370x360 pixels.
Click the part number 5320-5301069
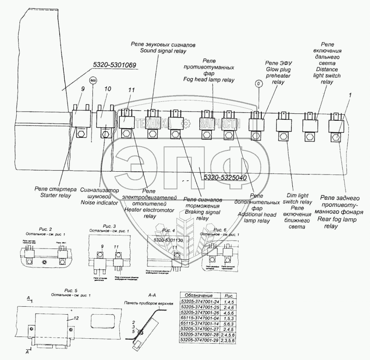[107, 65]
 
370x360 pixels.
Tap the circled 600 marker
[93, 80]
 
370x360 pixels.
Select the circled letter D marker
[258, 83]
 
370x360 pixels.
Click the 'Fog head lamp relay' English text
[208, 80]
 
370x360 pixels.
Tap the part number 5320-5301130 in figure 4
[168, 240]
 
